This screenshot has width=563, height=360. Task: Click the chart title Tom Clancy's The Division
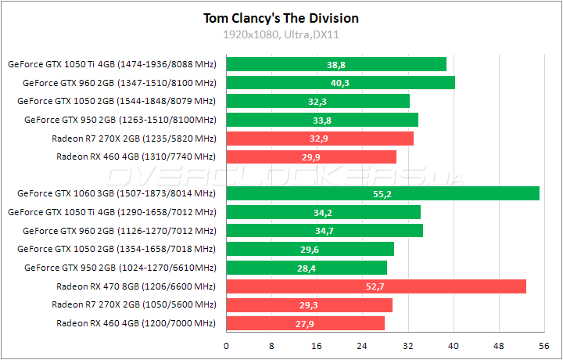tap(281, 18)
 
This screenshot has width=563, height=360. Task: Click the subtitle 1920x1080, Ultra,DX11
tap(281, 34)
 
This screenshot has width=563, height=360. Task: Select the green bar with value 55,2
tap(382, 193)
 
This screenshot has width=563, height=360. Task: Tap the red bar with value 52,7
tap(375, 286)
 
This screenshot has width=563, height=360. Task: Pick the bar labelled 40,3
tap(340, 82)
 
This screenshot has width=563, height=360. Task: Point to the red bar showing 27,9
tap(305, 323)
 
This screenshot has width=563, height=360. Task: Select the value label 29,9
tap(312, 157)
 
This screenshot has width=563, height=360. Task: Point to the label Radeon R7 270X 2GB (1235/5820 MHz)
tap(134, 138)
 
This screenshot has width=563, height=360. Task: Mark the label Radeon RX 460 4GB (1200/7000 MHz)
tap(136, 323)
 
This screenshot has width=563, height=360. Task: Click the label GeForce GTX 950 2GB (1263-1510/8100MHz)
tap(120, 120)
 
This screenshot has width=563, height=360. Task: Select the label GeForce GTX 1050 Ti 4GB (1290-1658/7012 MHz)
tap(112, 211)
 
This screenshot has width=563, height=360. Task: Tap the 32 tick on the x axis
tap(407, 345)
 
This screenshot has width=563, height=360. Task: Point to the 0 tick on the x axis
tap(227, 345)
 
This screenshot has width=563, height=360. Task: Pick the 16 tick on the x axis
tap(317, 345)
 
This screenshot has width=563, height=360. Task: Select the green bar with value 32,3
tap(317, 101)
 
